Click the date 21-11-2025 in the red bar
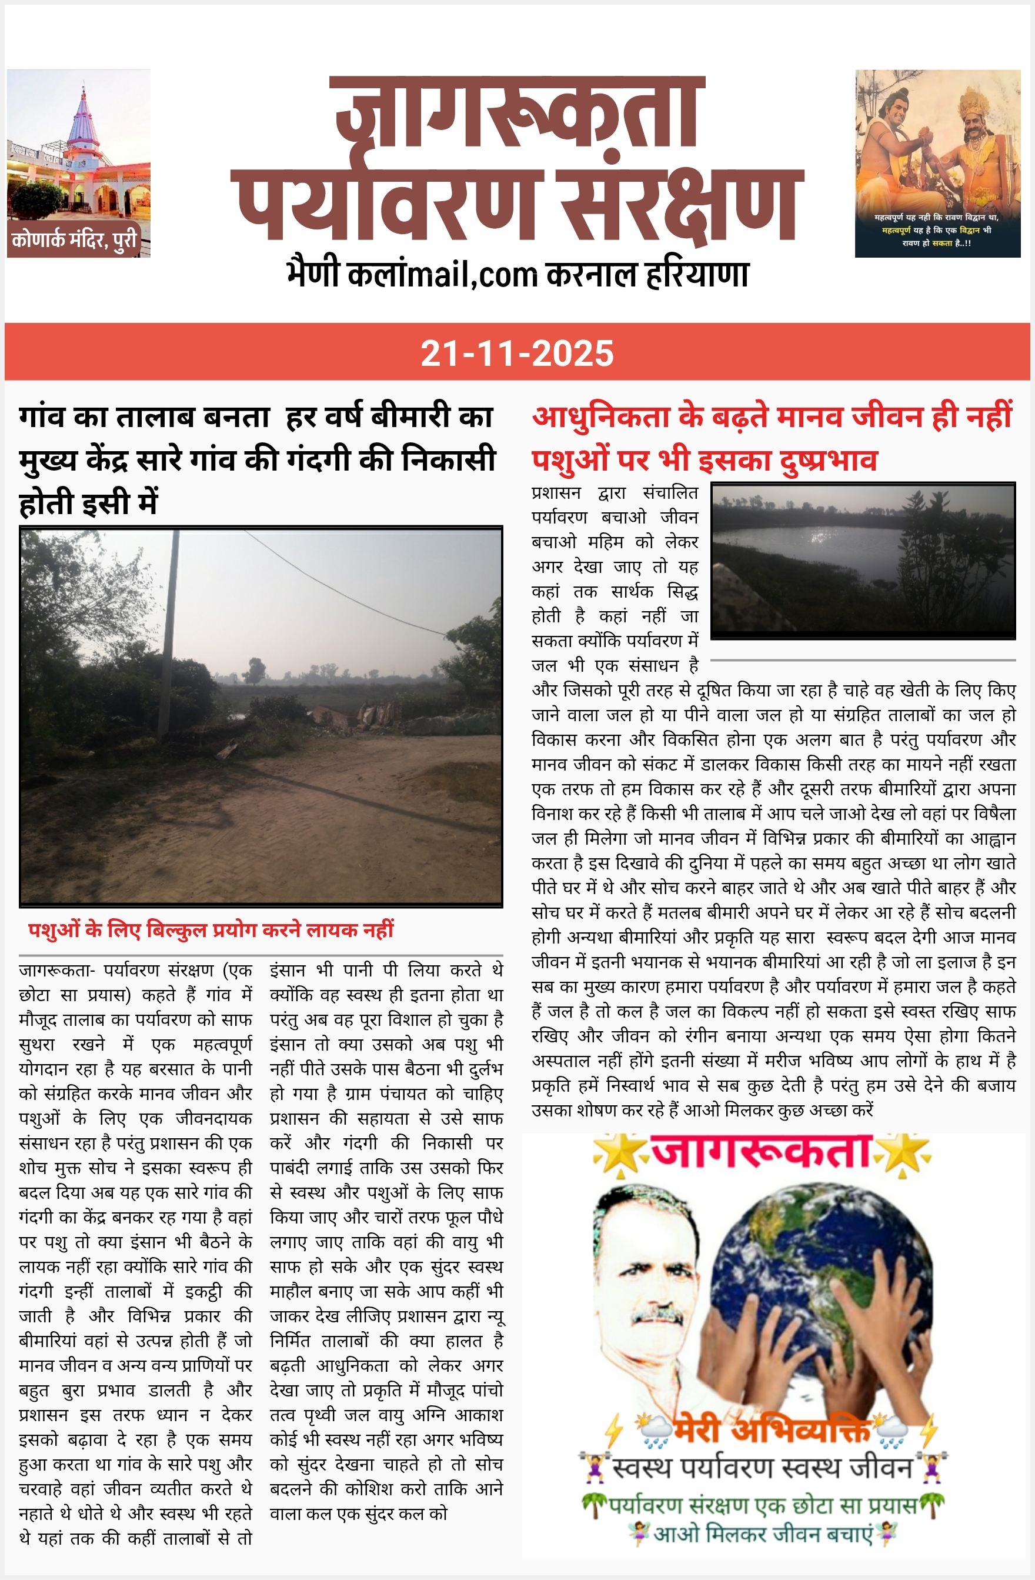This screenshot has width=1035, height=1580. [x=516, y=352]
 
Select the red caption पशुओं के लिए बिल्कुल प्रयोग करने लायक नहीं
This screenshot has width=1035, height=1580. [x=211, y=929]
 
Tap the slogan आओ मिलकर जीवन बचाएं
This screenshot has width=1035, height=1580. [x=762, y=1534]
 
